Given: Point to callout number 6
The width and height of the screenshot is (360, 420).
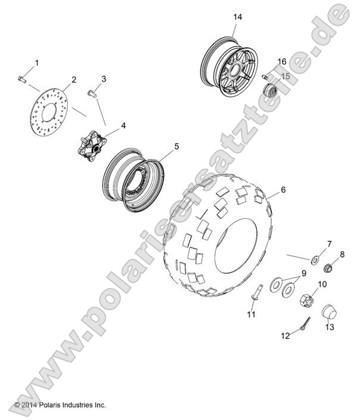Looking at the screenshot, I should coord(283,190).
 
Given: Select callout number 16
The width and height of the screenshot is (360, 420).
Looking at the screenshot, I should coord(282,61).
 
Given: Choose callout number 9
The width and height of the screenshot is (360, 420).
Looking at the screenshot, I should coord(304,273).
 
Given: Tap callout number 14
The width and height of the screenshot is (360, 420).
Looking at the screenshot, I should coord(237,17).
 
